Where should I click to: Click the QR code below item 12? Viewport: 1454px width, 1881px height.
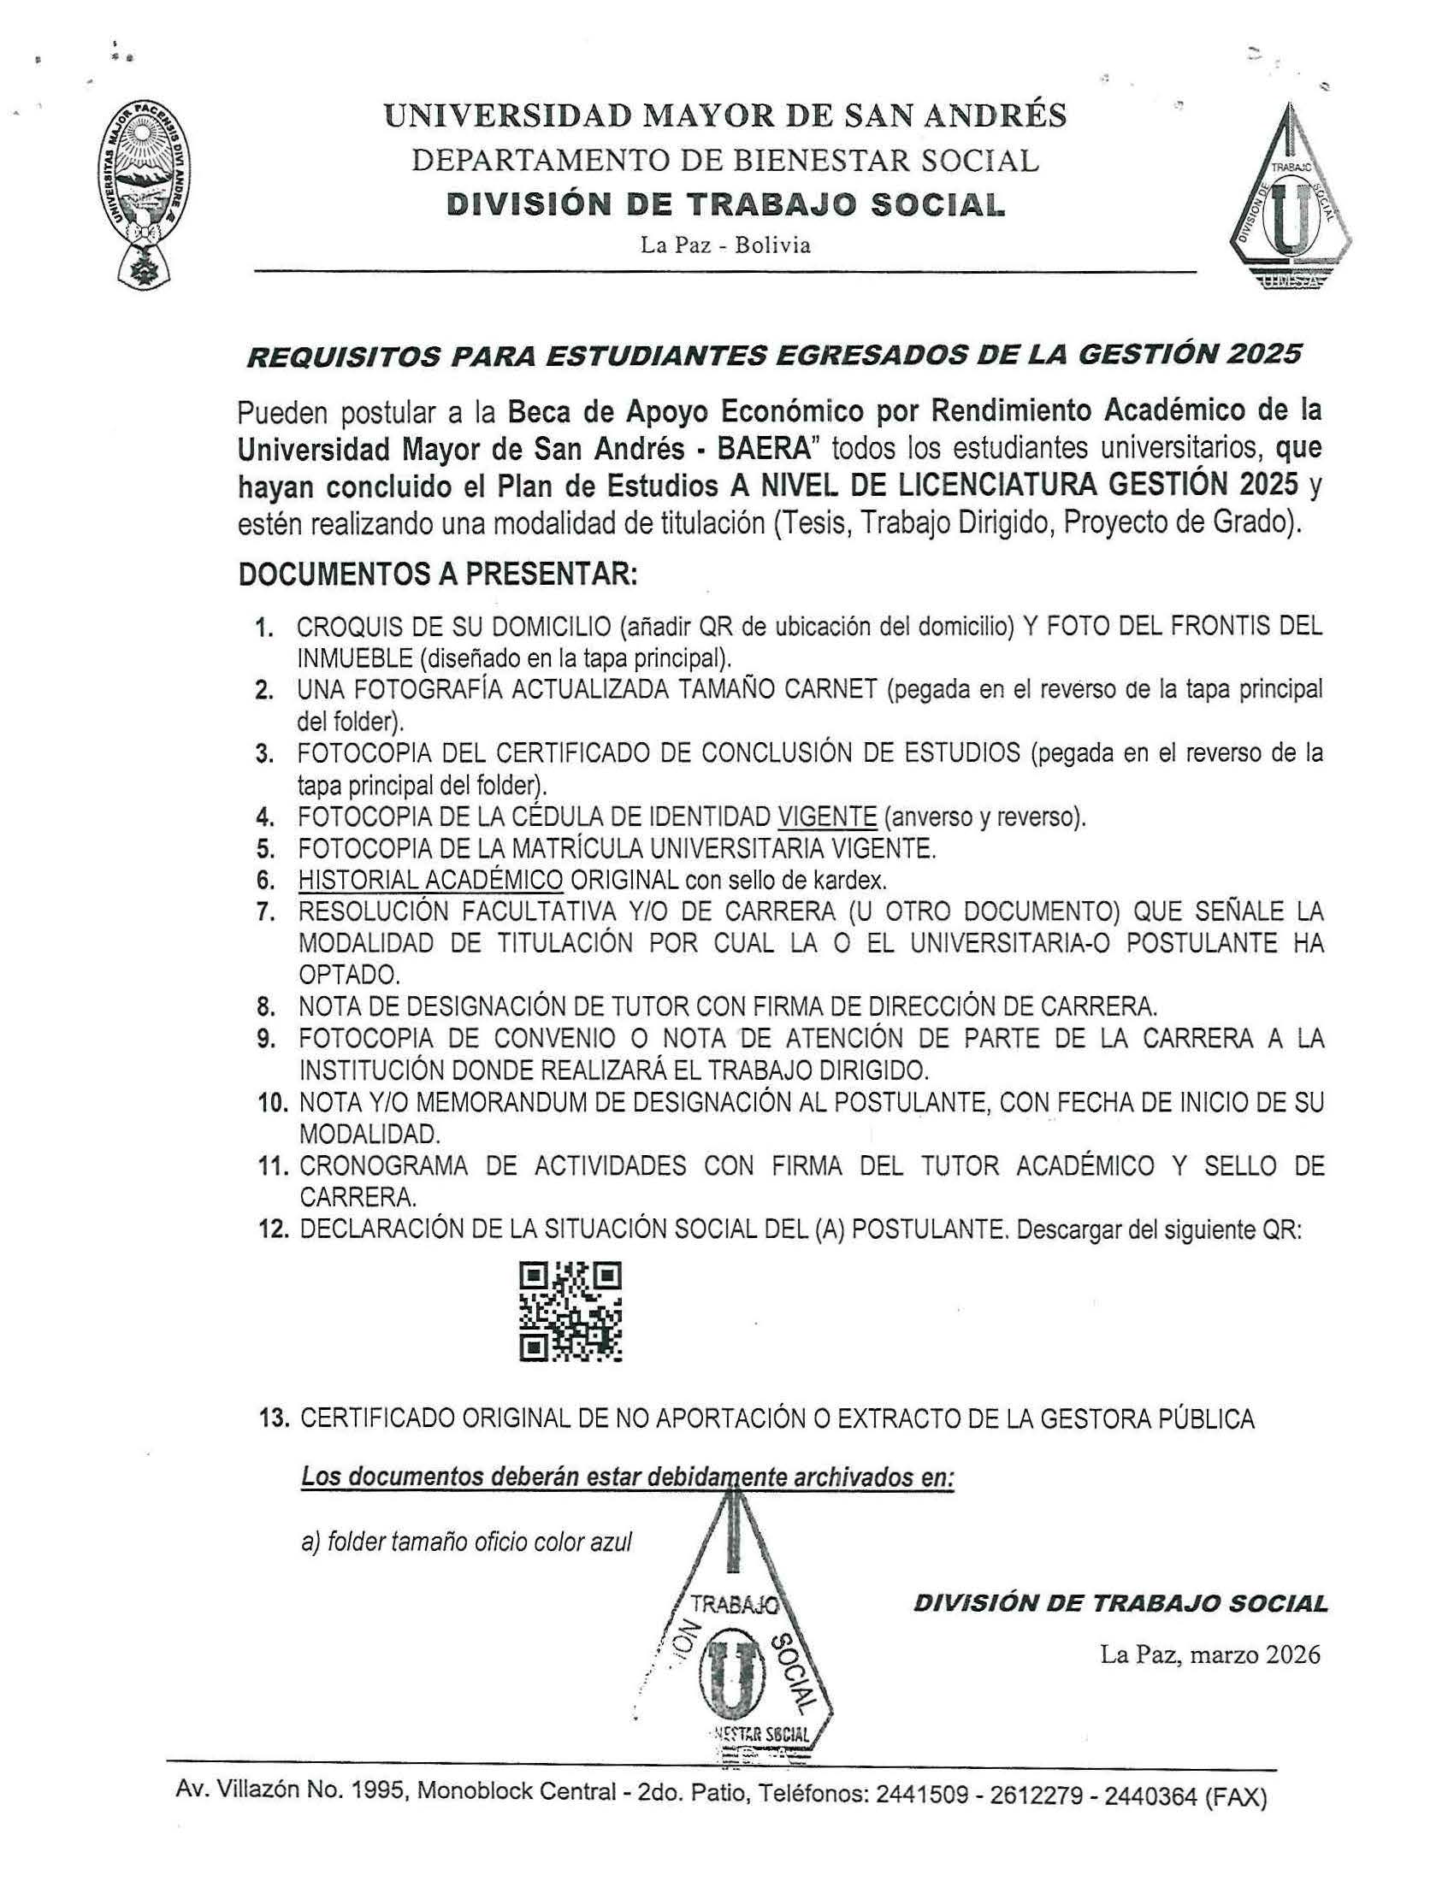pyautogui.click(x=570, y=1312)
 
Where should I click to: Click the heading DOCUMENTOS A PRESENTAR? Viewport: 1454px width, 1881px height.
pyautogui.click(x=438, y=575)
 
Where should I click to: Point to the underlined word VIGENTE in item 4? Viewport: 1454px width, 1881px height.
pyautogui.click(x=827, y=817)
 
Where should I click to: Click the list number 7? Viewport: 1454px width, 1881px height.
pyautogui.click(x=265, y=913)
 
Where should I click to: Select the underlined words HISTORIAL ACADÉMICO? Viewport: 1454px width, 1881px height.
pyautogui.click(x=430, y=880)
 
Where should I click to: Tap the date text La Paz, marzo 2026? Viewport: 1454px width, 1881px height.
pyautogui.click(x=1209, y=1654)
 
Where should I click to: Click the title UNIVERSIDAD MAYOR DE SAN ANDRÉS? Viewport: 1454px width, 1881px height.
pyautogui.click(x=725, y=115)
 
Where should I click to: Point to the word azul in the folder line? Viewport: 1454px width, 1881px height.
pyautogui.click(x=611, y=1542)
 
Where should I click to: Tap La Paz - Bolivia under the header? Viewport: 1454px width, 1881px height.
pyautogui.click(x=725, y=245)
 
